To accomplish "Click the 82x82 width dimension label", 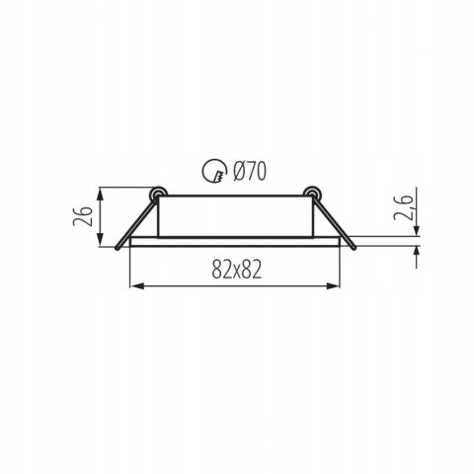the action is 236,269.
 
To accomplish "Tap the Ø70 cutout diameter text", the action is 249,171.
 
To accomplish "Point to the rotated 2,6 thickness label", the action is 404,208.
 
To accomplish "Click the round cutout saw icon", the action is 214,171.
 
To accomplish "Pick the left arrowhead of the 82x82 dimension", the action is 137,286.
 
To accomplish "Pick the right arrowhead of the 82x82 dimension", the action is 333,286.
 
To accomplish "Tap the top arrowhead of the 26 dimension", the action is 101,195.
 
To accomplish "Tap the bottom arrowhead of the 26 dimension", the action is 101,239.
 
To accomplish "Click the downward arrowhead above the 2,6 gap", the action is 417,229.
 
